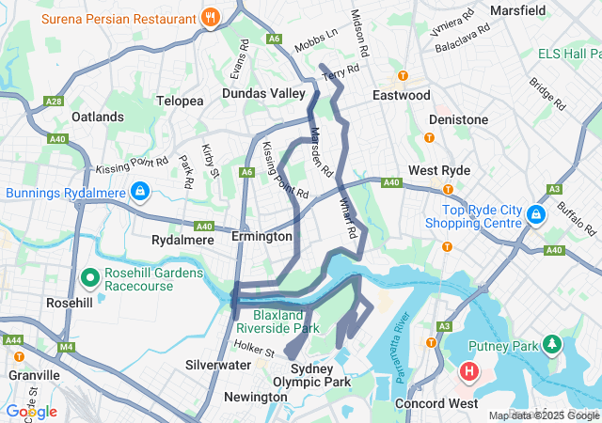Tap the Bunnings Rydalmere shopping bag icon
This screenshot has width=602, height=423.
click(x=139, y=192)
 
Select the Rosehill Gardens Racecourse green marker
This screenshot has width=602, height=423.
click(x=91, y=278)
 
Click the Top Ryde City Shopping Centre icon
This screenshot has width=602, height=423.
click(x=534, y=215)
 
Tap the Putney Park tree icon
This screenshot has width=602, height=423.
click(x=549, y=345)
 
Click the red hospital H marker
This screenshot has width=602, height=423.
click(x=468, y=373)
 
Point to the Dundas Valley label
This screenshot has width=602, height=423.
click(x=264, y=93)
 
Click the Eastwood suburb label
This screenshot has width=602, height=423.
click(x=401, y=95)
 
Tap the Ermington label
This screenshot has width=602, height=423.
click(x=261, y=237)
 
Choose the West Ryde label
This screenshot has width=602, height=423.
click(x=439, y=170)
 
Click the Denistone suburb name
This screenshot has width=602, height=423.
click(x=458, y=119)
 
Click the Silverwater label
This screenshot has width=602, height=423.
click(x=217, y=364)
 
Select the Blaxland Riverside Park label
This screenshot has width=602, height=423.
click(x=278, y=322)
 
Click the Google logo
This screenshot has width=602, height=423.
click(x=31, y=412)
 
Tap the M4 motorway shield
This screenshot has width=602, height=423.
click(x=66, y=349)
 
